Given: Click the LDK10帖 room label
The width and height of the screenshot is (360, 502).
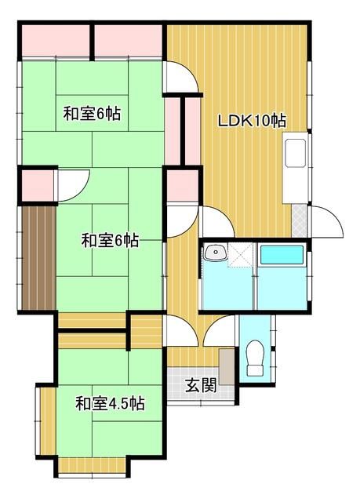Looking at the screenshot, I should pyautogui.click(x=251, y=121).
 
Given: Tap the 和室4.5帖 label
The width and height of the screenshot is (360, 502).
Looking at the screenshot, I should pyautogui.click(x=110, y=404).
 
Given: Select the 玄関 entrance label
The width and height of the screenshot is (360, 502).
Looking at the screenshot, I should pyautogui.click(x=201, y=385).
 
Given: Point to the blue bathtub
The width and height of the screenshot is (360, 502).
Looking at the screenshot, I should pyautogui.click(x=282, y=255).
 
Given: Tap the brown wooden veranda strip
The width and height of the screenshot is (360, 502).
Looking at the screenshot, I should pyautogui.click(x=38, y=258).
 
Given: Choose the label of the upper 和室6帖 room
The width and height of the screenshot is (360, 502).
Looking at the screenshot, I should pyautogui.click(x=92, y=113).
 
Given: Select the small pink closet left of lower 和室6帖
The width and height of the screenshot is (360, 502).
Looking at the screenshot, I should pyautogui.click(x=36, y=185).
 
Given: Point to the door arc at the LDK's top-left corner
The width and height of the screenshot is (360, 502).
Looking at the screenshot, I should pyautogui.click(x=180, y=78).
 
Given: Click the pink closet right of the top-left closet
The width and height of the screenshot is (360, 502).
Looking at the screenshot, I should pyautogui.click(x=129, y=42).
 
